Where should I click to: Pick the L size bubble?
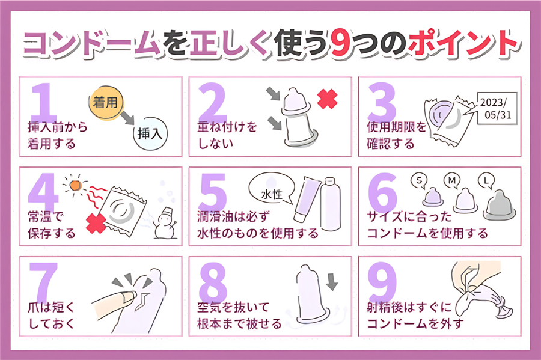(x=485, y=180)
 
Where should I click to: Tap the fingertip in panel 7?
(x=124, y=296)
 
